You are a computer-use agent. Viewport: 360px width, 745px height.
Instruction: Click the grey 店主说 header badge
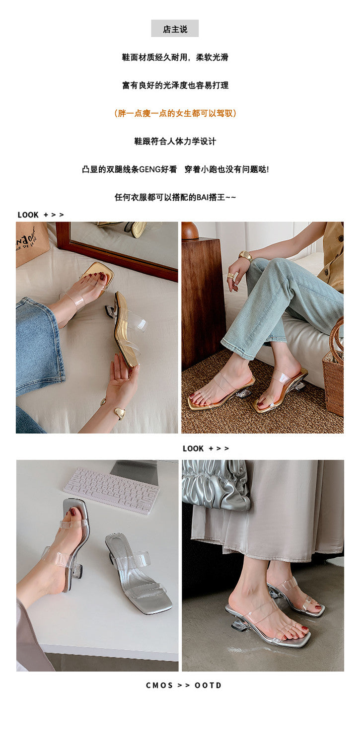[x=175, y=28]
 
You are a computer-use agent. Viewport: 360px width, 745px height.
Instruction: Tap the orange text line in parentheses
[x=175, y=113]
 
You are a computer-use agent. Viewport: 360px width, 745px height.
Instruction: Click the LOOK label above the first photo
[x=28, y=215]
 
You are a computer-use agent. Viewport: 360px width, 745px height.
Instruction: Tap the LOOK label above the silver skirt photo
[x=193, y=448]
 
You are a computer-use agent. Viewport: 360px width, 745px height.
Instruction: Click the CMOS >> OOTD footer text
[x=184, y=685]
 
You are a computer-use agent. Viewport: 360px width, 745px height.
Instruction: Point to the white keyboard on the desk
[x=111, y=490]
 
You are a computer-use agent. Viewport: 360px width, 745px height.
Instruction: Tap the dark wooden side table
[x=203, y=301]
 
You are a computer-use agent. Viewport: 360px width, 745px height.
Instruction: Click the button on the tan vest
[x=341, y=237]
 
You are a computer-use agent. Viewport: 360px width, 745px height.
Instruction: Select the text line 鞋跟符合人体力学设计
[x=175, y=142]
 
